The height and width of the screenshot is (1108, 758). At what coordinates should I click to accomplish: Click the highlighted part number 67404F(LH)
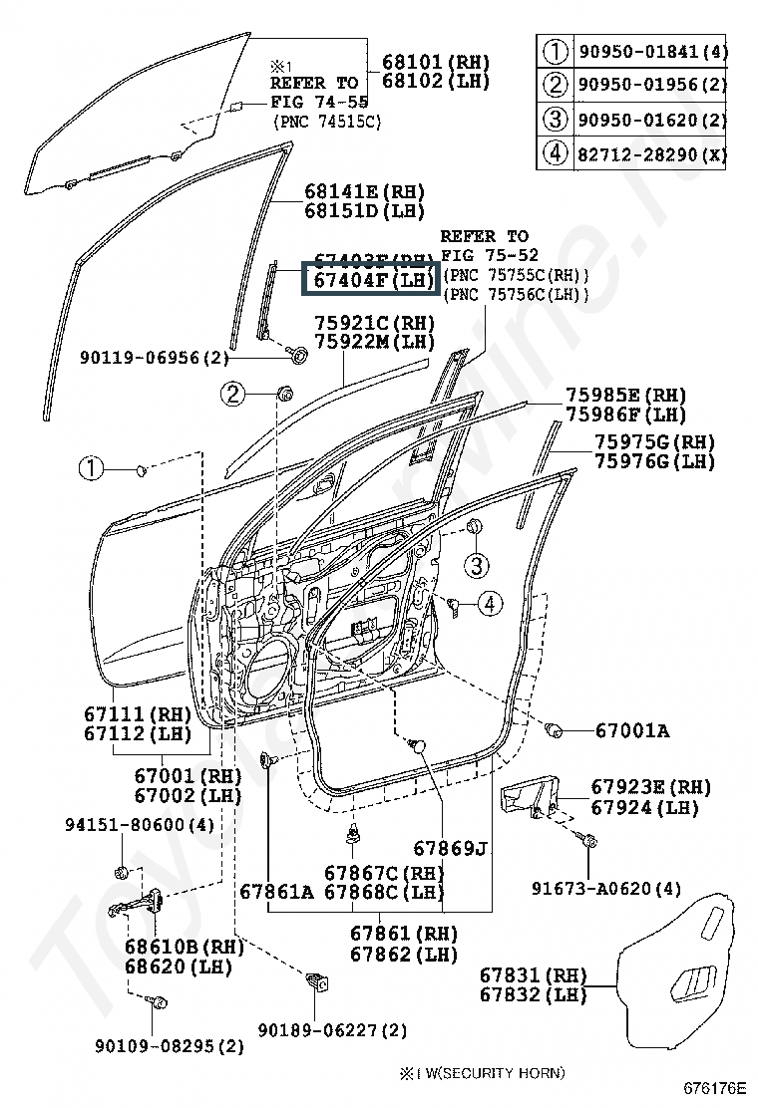pyautogui.click(x=370, y=281)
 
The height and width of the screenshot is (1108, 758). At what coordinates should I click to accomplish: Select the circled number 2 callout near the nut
pyautogui.click(x=233, y=395)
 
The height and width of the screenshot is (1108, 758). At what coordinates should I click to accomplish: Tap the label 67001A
pyautogui.click(x=632, y=731)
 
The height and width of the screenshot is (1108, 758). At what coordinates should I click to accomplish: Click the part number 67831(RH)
pyautogui.click(x=533, y=974)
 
